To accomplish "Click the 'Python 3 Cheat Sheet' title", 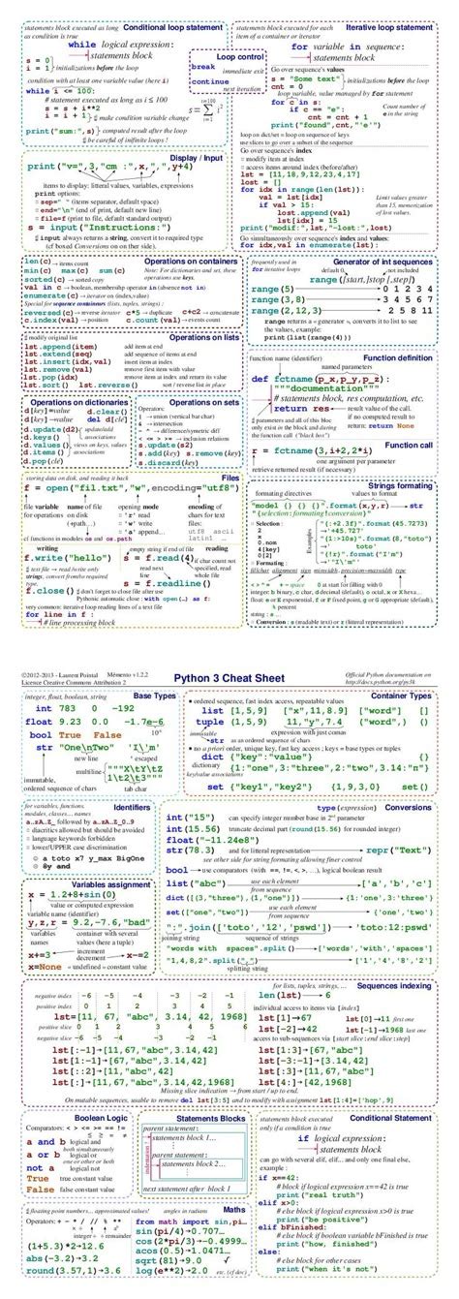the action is pos(228,679).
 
